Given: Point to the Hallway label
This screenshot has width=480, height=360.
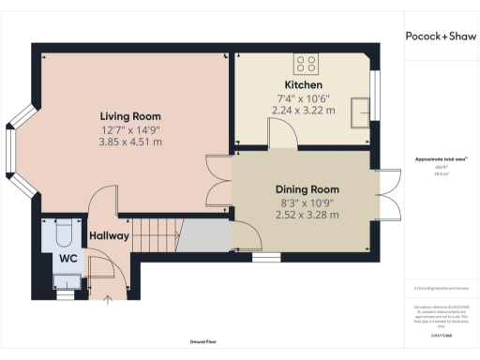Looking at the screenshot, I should pyautogui.click(x=109, y=235).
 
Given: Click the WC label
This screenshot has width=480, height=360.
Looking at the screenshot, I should pyautogui.click(x=67, y=256).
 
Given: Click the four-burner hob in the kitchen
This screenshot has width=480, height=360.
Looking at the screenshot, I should pyautogui.click(x=306, y=64).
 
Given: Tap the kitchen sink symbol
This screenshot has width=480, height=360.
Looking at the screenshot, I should pyautogui.click(x=361, y=112).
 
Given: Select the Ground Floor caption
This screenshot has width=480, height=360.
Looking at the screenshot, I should pyautogui.click(x=204, y=343).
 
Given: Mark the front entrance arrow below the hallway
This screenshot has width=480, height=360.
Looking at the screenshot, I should pyautogui.click(x=107, y=300).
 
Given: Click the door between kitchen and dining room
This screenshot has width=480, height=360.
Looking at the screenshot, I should pyautogui.click(x=283, y=141).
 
